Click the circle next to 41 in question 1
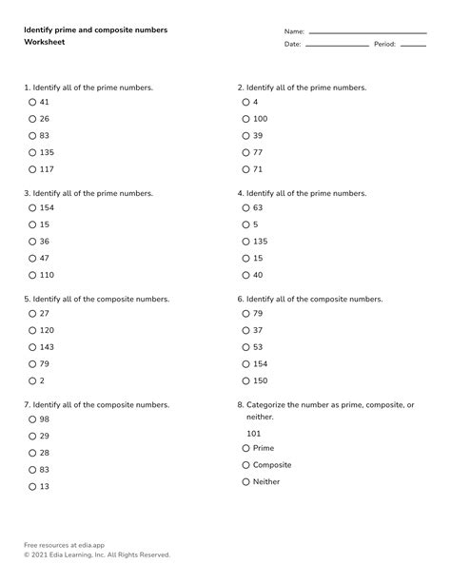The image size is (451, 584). tap(32, 102)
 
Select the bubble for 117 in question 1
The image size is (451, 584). tap(32, 170)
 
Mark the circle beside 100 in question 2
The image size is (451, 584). tap(245, 119)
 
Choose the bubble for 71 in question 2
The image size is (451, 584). tap(245, 169)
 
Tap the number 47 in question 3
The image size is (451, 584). tap(45, 259)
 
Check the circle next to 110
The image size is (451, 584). tap(32, 276)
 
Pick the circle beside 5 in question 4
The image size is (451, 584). tap(245, 224)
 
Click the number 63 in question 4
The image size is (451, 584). tap(258, 207)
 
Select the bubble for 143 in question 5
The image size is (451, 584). tap(32, 347)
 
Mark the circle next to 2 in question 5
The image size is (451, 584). tap(32, 381)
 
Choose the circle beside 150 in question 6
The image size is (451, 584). tap(245, 381)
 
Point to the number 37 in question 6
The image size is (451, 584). tap(258, 330)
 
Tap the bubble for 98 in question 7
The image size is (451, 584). tap(32, 419)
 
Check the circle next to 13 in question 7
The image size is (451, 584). tap(32, 487)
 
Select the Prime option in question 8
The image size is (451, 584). tap(245, 448)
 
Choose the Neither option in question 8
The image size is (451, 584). tap(245, 482)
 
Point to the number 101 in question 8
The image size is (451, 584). tap(254, 433)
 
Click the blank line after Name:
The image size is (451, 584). tap(367, 33)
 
